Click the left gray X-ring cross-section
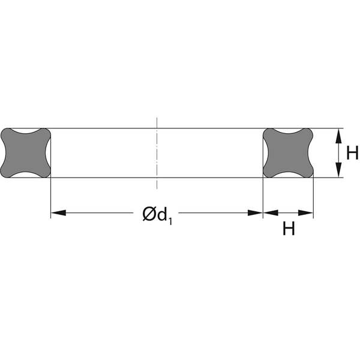[x=25, y=153]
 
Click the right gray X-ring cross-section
[x=288, y=153]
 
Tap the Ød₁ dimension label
[x=157, y=215]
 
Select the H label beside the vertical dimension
[x=352, y=153]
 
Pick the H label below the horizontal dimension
[x=289, y=228]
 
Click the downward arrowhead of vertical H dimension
[x=338, y=170]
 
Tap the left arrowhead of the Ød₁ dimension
[x=58, y=213]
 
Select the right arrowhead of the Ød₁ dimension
[x=255, y=213]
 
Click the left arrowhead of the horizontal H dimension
[x=271, y=213]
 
